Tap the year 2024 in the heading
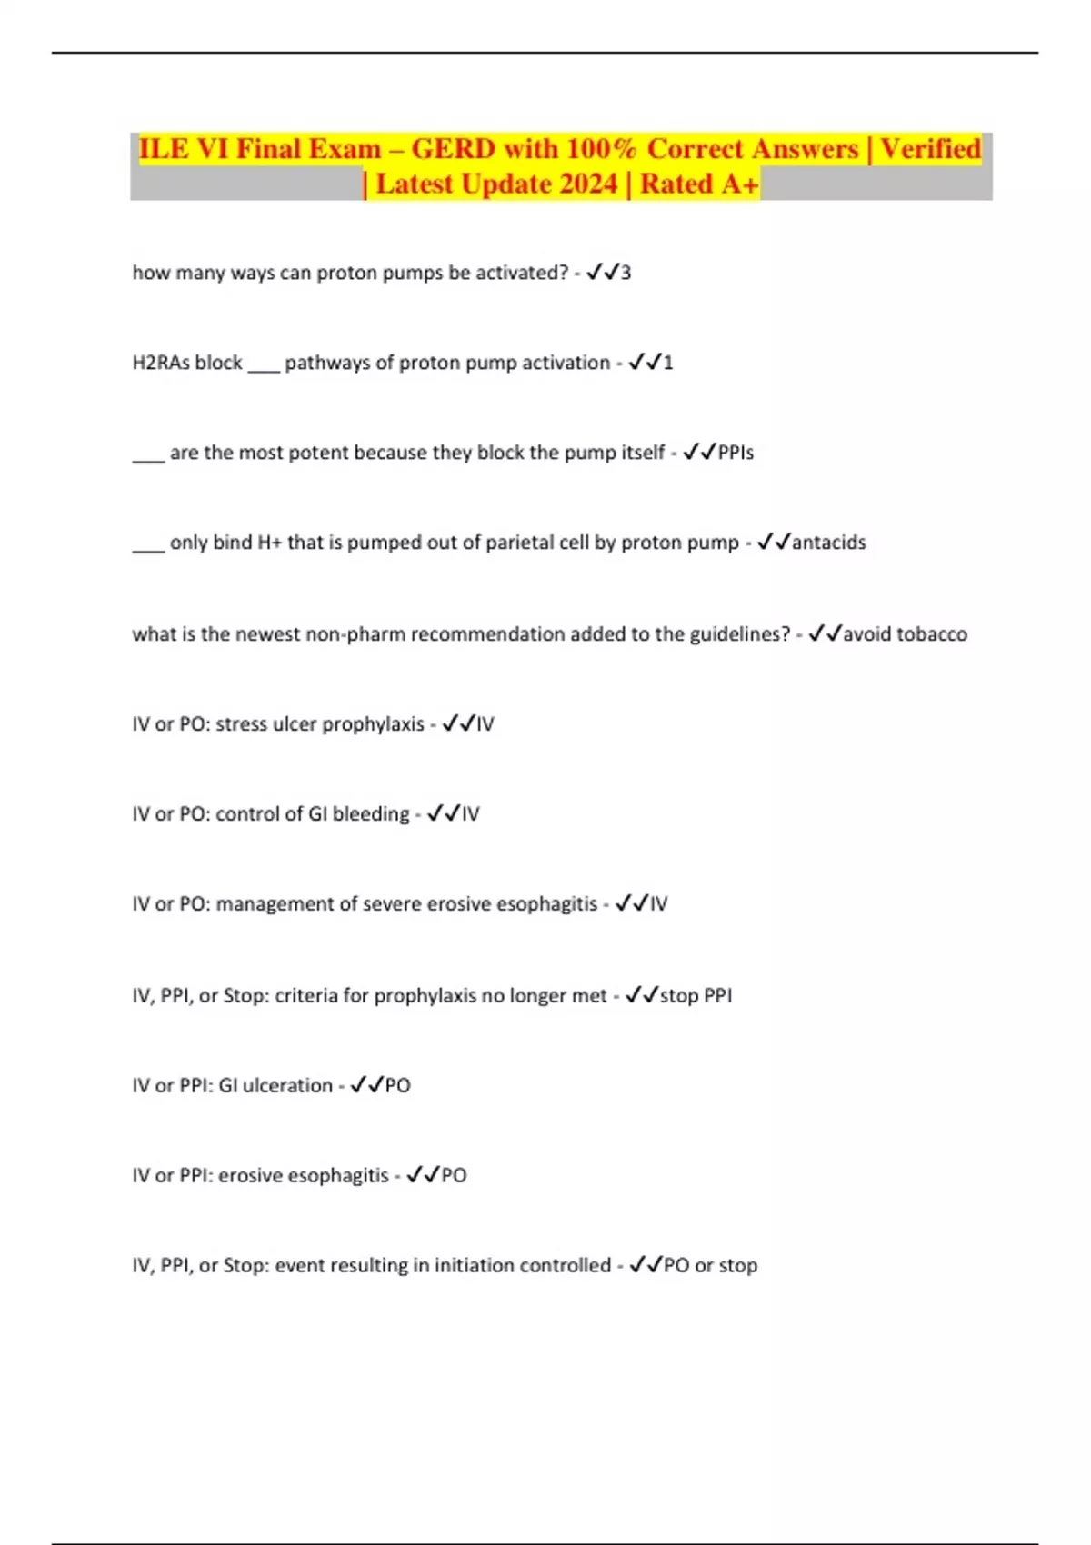point(588,184)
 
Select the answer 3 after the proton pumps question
point(626,273)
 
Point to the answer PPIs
point(736,453)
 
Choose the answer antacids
point(828,543)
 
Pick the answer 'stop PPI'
point(696,995)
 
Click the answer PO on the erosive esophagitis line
point(454,1175)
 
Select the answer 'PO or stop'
point(710,1265)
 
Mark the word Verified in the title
point(930,149)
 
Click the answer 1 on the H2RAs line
point(668,363)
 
